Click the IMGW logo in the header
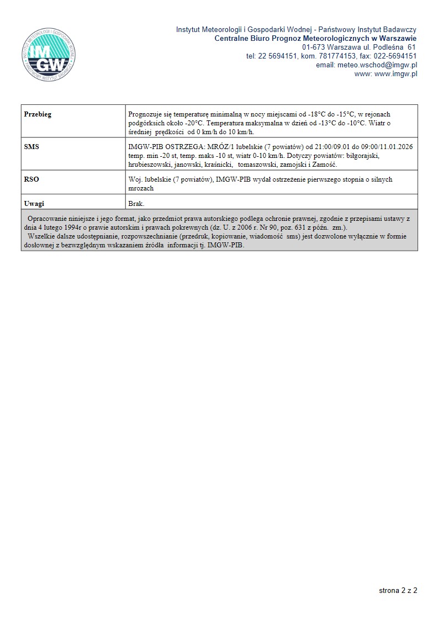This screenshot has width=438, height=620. (x=47, y=53)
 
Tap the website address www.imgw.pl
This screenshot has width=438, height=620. (x=395, y=73)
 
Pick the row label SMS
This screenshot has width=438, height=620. (x=31, y=147)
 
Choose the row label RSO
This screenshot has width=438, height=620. (x=31, y=179)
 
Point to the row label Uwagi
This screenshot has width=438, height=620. (x=34, y=204)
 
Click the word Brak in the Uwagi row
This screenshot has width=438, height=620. (x=136, y=204)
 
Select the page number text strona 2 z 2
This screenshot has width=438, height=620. (x=398, y=590)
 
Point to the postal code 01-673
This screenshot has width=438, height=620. (x=313, y=47)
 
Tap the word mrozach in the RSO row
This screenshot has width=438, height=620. (x=140, y=188)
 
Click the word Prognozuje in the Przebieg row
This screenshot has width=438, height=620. (x=145, y=114)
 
